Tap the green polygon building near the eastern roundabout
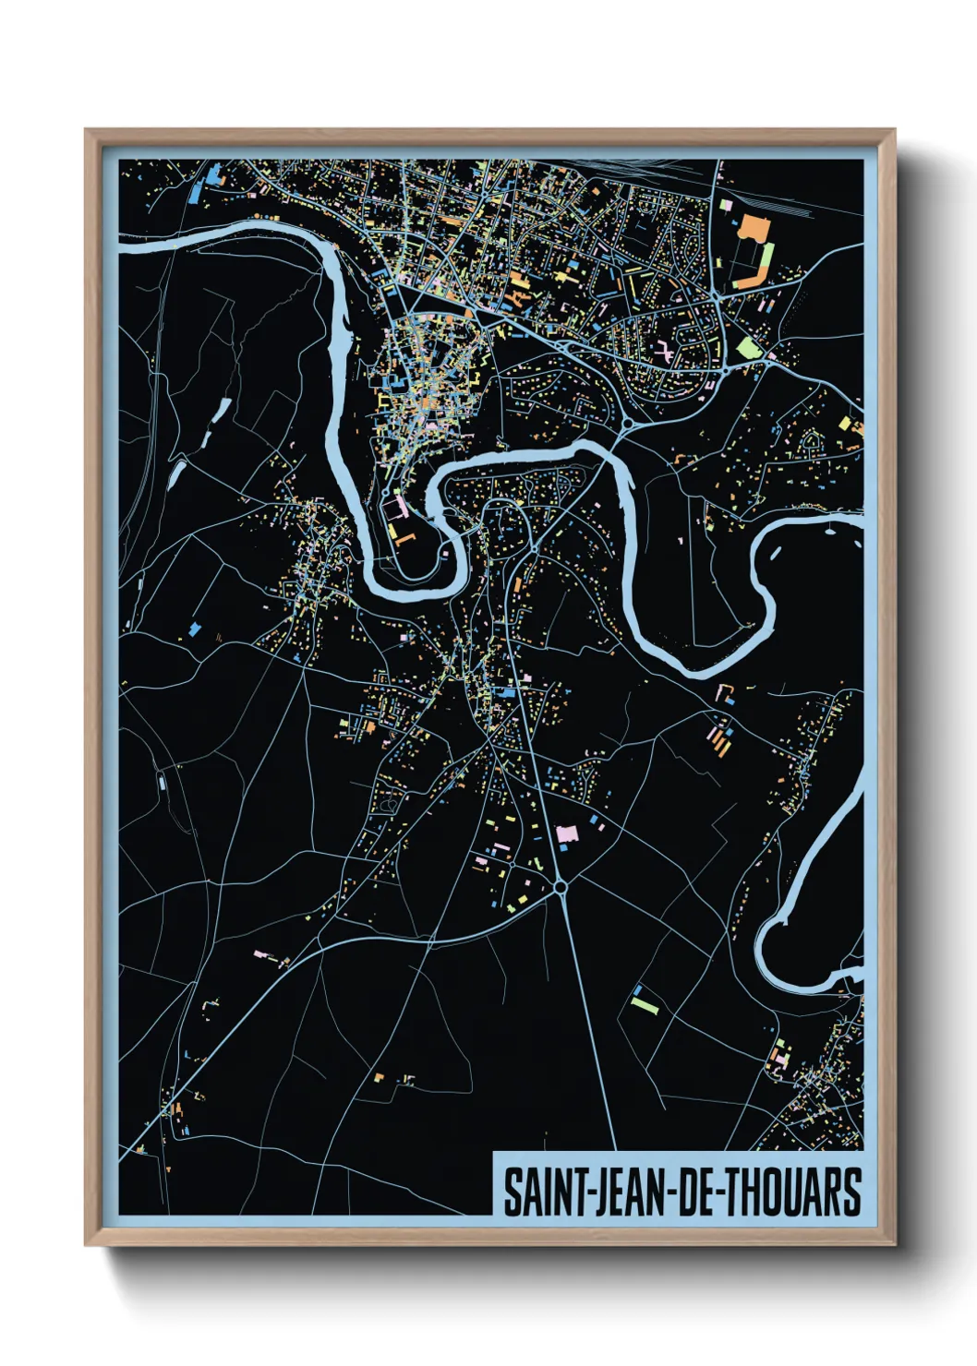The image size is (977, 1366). (747, 348)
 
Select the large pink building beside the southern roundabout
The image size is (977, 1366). (566, 833)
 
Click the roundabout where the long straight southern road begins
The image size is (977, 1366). (560, 887)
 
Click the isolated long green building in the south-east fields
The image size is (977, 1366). (644, 1001)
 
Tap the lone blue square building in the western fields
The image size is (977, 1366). (194, 629)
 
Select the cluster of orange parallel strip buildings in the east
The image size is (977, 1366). (718, 739)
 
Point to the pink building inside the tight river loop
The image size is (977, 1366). (400, 505)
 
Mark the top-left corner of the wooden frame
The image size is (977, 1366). (87, 131)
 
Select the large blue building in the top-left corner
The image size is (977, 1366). (214, 174)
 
